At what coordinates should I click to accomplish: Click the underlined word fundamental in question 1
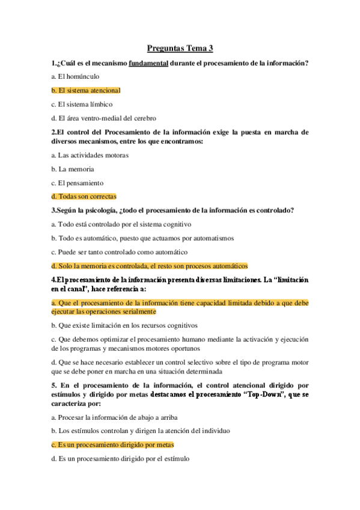(148, 63)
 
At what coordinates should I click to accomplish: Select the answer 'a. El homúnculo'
(75, 76)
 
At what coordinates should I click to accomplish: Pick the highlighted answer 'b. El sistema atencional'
(86, 90)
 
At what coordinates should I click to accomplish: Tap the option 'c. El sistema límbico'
(82, 104)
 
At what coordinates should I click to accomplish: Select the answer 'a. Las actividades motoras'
(90, 155)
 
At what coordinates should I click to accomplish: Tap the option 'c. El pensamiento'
(77, 183)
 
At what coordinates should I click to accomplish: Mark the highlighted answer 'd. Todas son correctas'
(84, 196)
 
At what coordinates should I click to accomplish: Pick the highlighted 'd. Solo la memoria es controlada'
(149, 266)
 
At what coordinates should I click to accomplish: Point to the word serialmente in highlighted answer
(138, 312)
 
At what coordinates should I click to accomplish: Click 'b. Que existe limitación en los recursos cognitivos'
(124, 325)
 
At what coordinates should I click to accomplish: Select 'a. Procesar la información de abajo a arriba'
(114, 417)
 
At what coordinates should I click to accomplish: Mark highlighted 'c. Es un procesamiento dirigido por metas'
(112, 444)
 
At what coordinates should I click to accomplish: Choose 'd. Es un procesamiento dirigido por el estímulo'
(120, 458)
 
